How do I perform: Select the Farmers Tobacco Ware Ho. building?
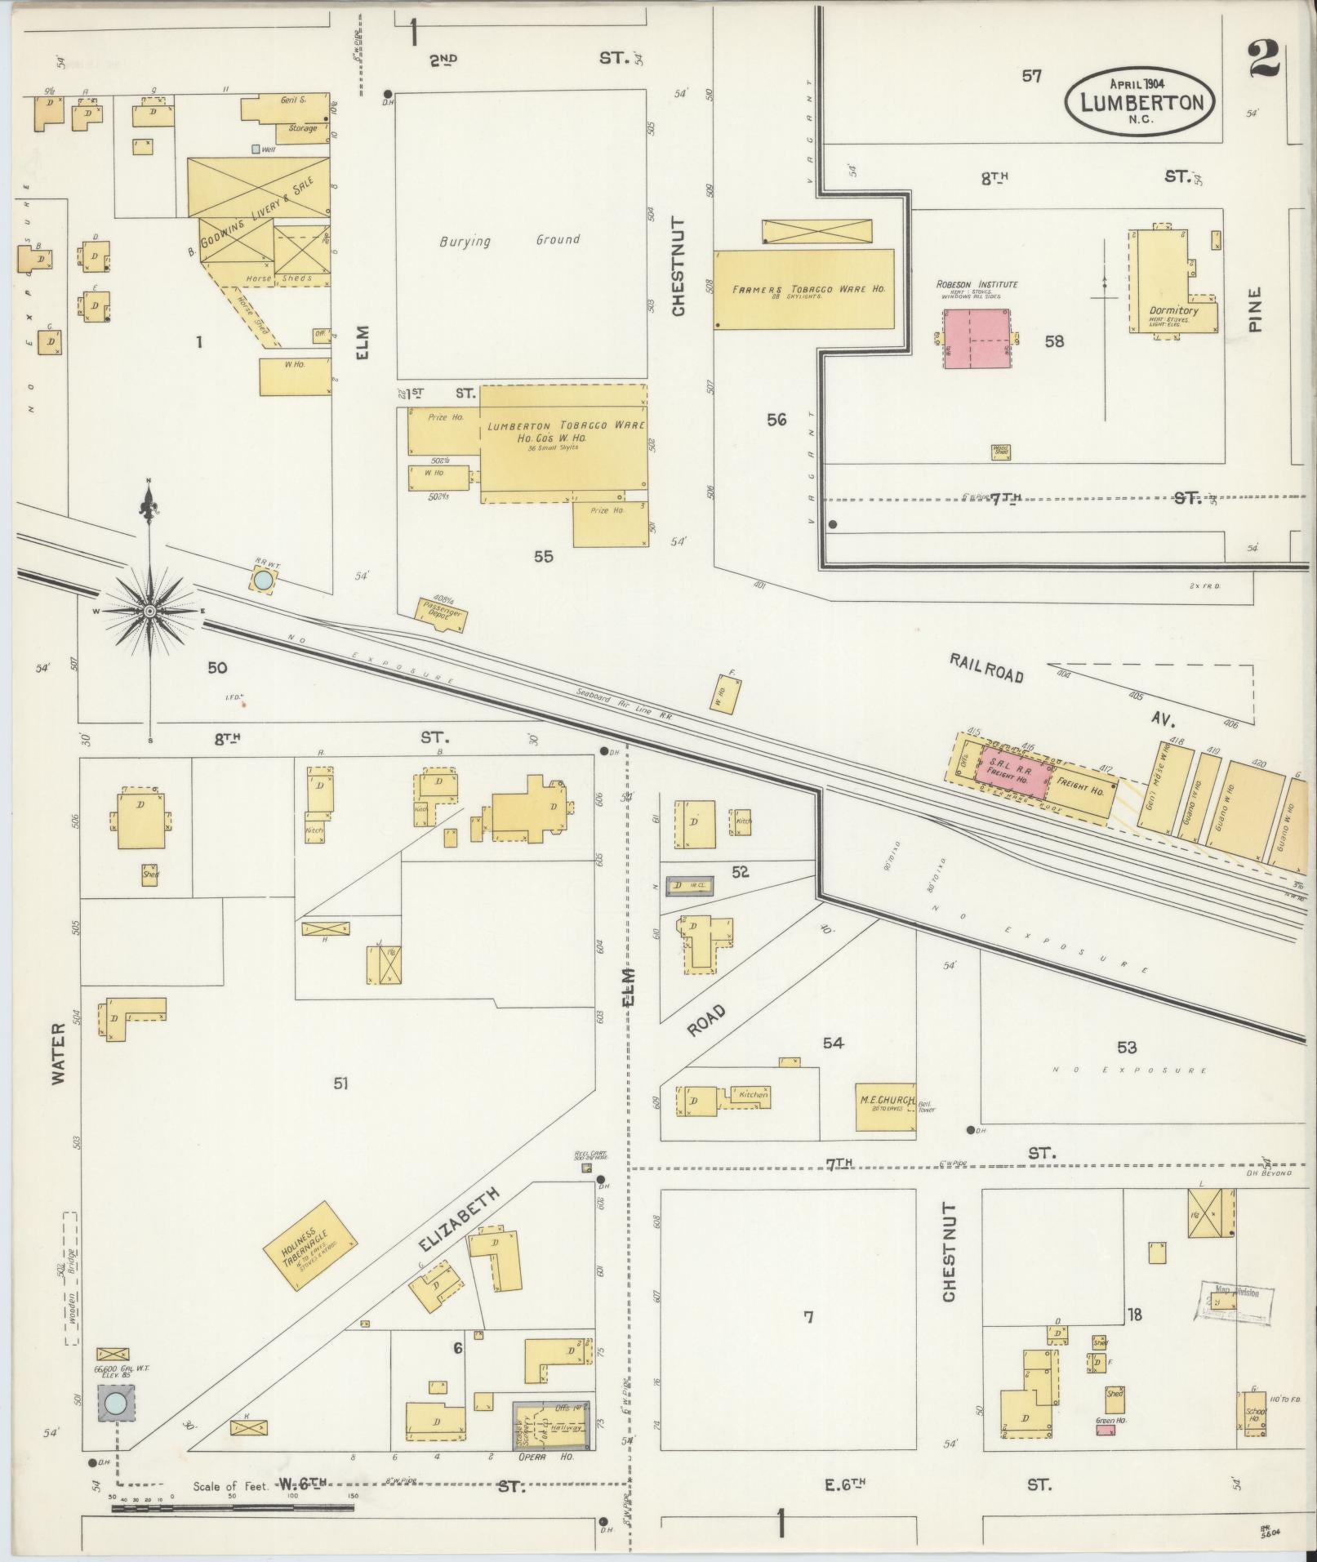(803, 289)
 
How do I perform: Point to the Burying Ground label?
(509, 241)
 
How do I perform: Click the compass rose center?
(149, 611)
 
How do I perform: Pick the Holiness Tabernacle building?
(310, 1245)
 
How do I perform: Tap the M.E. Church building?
(884, 1106)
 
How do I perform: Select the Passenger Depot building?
(442, 614)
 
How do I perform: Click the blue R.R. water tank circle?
(263, 580)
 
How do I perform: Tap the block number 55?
(543, 557)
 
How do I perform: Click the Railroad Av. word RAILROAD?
(986, 667)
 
